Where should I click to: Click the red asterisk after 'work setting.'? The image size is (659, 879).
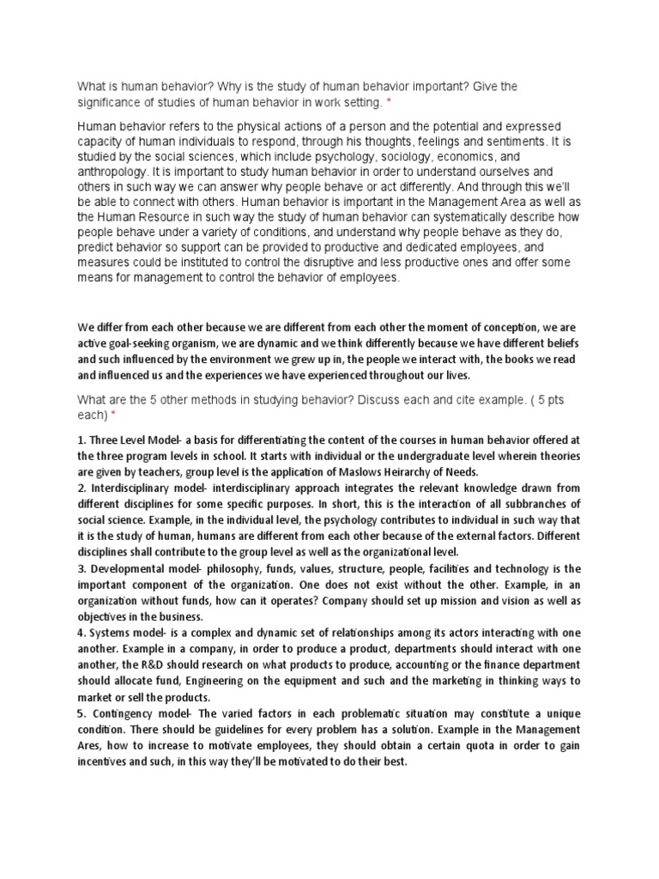(x=388, y=103)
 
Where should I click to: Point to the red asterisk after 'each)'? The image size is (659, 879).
(x=112, y=415)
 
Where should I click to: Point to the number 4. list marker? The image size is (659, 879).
(x=82, y=633)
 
